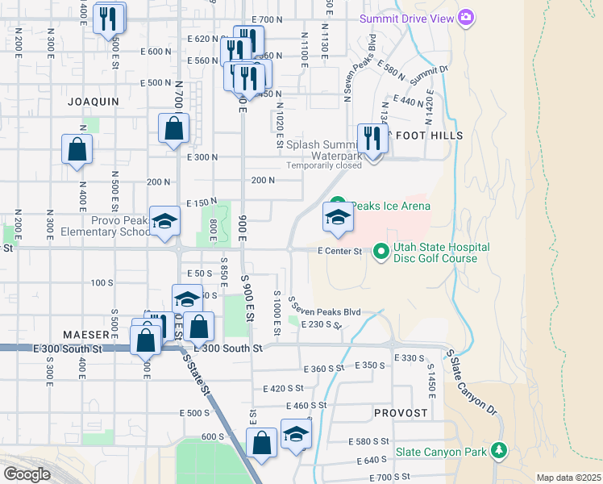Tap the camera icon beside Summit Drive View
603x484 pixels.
point(465,17)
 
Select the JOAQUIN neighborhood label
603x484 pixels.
point(93,102)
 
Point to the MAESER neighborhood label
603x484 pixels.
point(86,334)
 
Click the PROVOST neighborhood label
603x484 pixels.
point(401,412)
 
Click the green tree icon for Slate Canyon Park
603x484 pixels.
point(500,449)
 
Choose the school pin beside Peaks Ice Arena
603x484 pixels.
point(338,217)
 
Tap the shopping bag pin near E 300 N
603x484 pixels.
point(174,128)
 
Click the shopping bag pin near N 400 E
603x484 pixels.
point(77,149)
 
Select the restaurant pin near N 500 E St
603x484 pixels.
point(109,19)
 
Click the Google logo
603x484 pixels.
point(27,474)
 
